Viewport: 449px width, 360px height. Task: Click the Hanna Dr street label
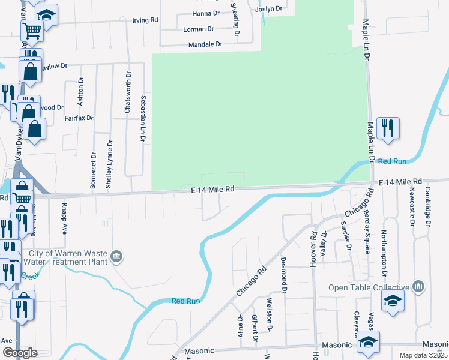point(206,13)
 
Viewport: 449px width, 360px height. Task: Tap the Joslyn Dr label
point(268,9)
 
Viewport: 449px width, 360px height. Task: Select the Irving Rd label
point(145,20)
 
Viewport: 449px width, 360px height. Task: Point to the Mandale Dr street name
point(205,44)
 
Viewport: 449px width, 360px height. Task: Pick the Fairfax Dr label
point(79,118)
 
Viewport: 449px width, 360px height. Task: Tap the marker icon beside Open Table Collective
point(418,286)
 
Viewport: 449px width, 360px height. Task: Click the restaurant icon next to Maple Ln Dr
point(388,128)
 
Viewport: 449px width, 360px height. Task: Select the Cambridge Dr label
point(427,204)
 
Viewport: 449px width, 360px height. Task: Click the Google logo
point(19,353)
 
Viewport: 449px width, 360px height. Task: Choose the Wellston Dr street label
point(270,315)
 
